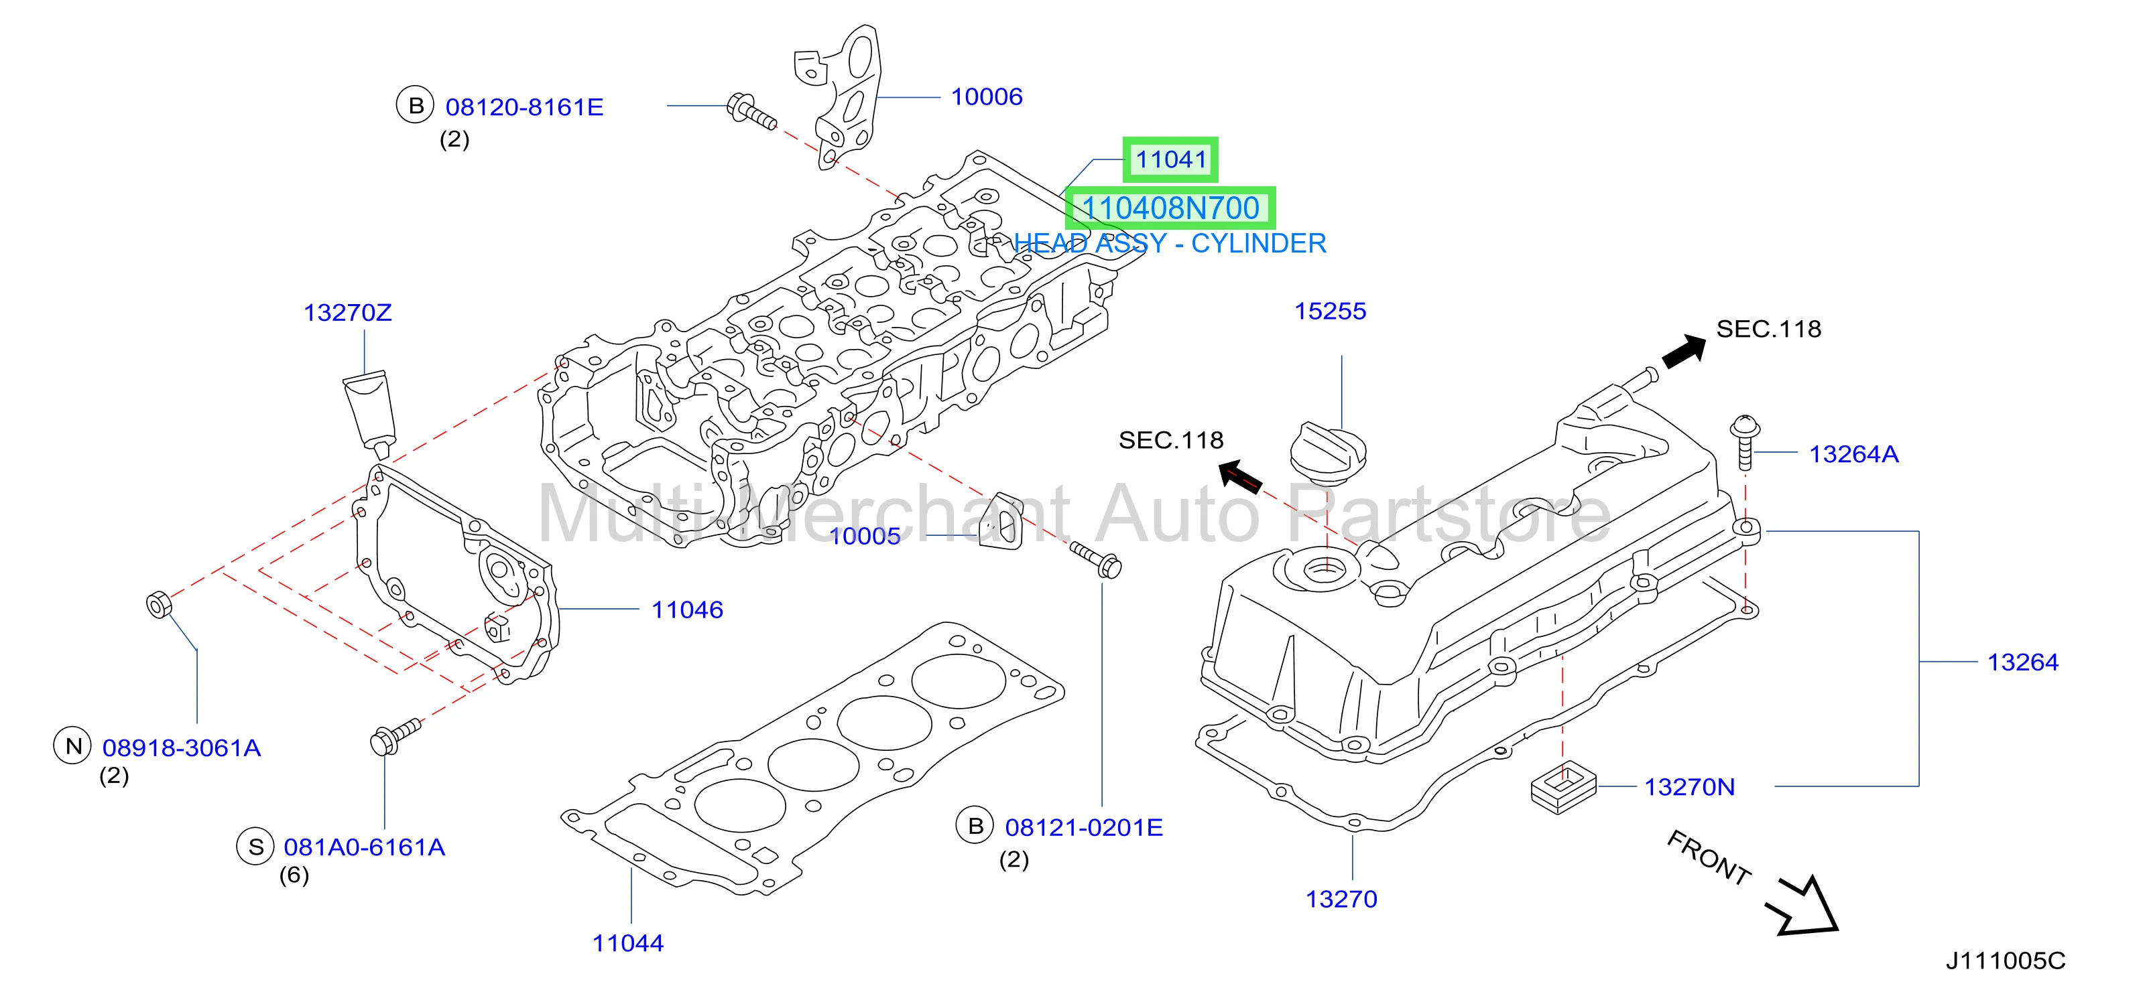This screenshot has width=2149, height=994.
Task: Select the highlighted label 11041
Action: (x=1170, y=159)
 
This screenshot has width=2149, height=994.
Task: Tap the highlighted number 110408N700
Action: (x=1170, y=208)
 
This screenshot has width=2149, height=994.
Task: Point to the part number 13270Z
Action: (x=347, y=313)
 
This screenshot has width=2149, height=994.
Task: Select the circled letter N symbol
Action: (x=72, y=745)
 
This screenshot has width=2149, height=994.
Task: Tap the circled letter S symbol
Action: (x=255, y=847)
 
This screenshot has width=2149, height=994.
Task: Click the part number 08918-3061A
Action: (x=182, y=748)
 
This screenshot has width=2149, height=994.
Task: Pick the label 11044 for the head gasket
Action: (x=627, y=943)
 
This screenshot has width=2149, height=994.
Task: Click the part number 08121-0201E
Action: (x=1084, y=827)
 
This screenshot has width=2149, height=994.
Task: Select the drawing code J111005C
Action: (x=2006, y=961)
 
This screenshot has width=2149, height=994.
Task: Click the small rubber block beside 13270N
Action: (x=1563, y=786)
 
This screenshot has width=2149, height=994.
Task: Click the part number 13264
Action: (x=2022, y=662)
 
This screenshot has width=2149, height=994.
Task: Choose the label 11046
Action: (x=686, y=610)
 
